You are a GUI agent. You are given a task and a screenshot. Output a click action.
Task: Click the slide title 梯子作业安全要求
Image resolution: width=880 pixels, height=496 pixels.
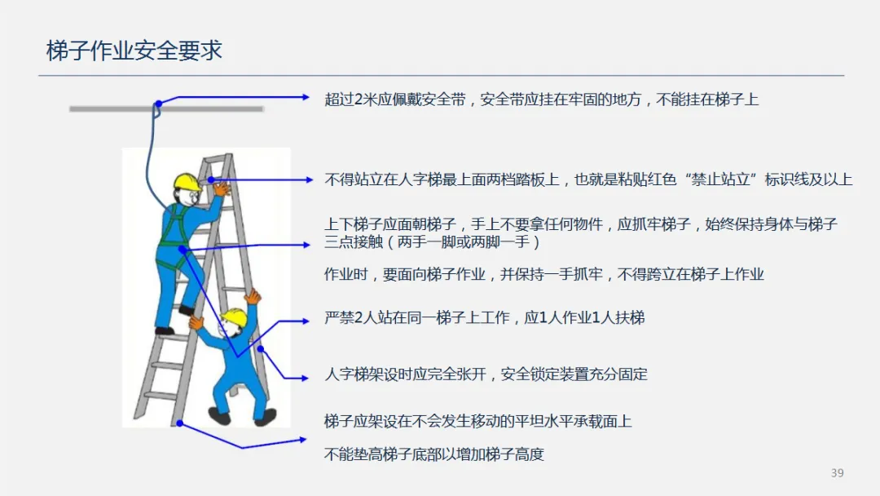pyautogui.click(x=134, y=51)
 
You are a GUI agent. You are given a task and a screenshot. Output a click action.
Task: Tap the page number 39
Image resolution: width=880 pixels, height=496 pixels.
pyautogui.click(x=837, y=473)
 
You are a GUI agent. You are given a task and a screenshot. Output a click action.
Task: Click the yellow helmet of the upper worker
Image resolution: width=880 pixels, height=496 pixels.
pyautogui.click(x=187, y=180)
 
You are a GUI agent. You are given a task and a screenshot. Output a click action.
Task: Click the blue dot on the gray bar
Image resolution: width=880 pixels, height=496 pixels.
pyautogui.click(x=159, y=104)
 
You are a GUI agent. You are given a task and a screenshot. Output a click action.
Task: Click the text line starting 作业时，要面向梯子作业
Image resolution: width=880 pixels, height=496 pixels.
pyautogui.click(x=543, y=274)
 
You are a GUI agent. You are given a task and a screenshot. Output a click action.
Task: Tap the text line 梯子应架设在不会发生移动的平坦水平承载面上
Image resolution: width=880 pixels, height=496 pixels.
pyautogui.click(x=477, y=421)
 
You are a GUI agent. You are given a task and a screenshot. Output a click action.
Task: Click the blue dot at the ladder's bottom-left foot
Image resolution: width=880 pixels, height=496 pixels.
pyautogui.click(x=179, y=423)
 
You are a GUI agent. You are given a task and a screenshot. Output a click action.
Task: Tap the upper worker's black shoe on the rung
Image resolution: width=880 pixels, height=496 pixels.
pyautogui.click(x=187, y=310)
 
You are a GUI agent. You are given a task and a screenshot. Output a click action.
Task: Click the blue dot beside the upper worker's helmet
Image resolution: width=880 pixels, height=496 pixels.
pyautogui.click(x=210, y=179)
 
